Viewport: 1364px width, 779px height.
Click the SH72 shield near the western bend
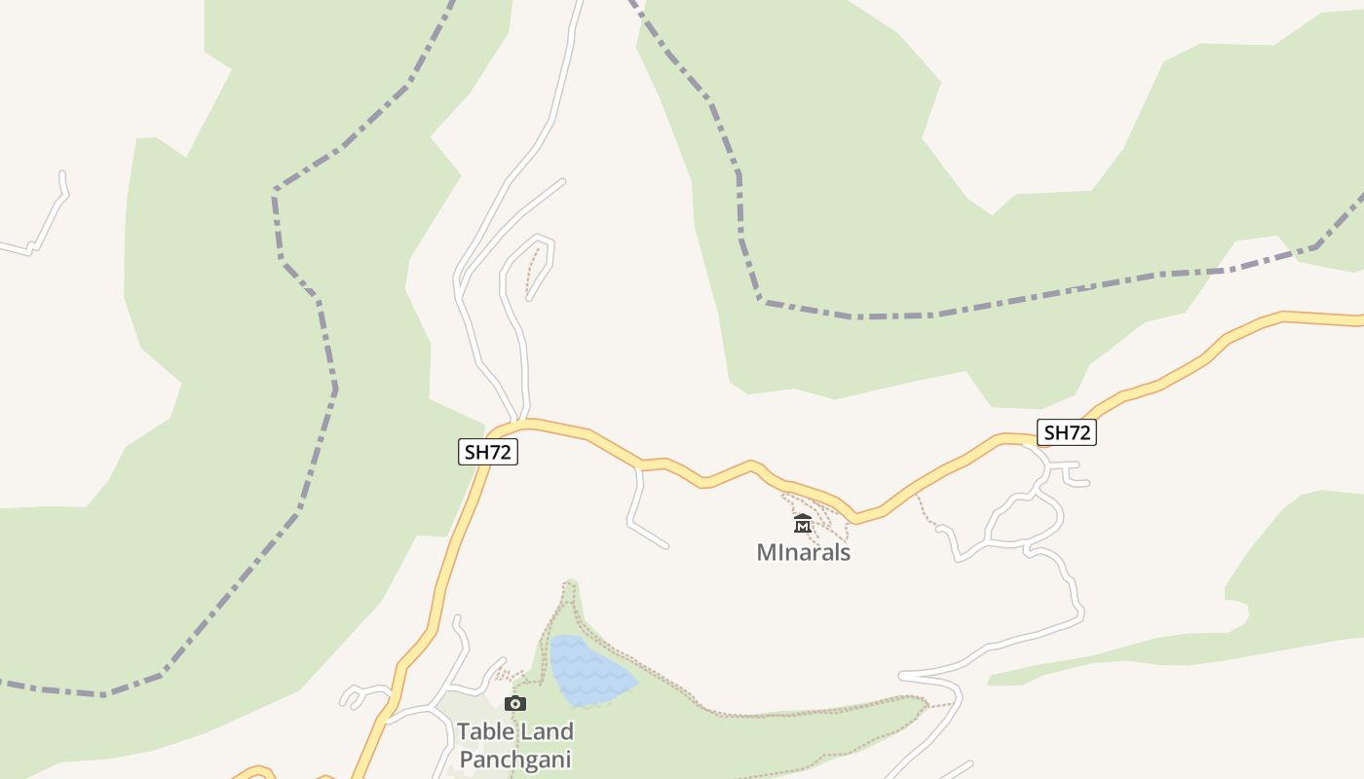pos(487,452)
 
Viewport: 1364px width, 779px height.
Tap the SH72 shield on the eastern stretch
pos(1067,432)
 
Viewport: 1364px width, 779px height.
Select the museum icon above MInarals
pos(802,524)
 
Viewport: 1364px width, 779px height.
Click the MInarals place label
pos(804,552)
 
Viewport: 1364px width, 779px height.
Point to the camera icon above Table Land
pos(514,703)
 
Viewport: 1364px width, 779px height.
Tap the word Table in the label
pos(487,731)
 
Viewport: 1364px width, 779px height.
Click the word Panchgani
pos(514,760)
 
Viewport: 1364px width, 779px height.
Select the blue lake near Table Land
pos(587,671)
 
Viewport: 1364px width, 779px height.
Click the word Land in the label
pos(546,731)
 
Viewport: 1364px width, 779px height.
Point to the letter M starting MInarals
pos(766,552)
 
